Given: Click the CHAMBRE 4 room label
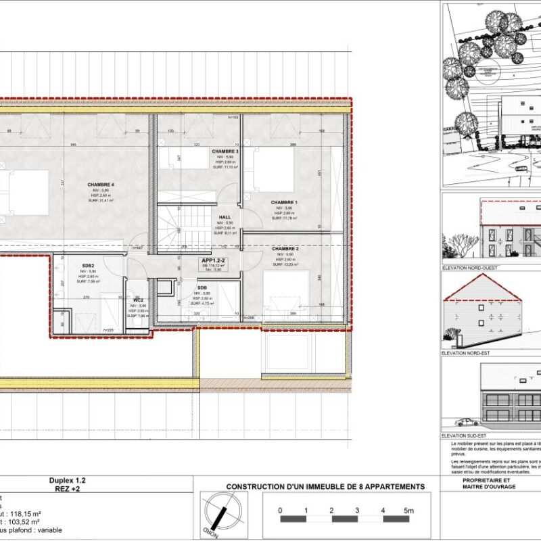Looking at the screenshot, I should [x=101, y=185].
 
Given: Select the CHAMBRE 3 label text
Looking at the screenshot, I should [x=225, y=151].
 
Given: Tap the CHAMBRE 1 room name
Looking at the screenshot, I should [x=284, y=202].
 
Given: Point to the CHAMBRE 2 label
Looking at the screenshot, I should [x=285, y=249].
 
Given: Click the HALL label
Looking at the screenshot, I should [x=225, y=217].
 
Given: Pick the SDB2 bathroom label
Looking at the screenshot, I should [x=88, y=265].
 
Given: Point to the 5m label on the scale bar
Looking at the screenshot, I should [x=407, y=510].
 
